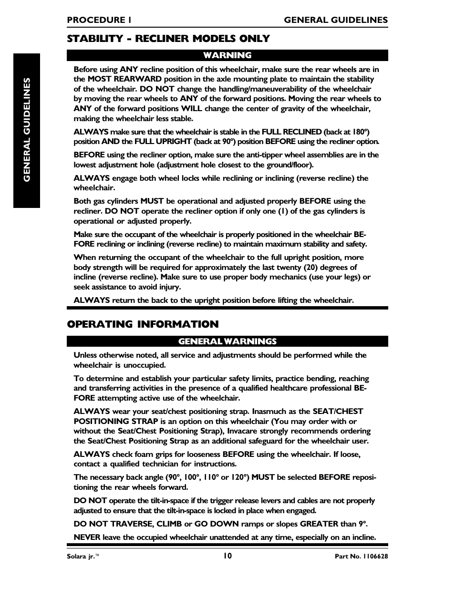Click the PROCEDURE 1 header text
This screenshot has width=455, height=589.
pos(99,20)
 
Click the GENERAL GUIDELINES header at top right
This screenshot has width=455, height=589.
pos(336,20)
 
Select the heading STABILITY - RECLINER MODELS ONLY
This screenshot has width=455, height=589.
pos(168,39)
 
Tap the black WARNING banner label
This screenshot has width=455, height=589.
pos(227,55)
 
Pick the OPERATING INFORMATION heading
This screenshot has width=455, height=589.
pos(143,324)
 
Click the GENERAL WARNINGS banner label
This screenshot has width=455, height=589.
pos(227,341)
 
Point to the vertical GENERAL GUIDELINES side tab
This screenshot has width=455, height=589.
pos(27,130)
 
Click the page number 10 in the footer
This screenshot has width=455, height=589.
pos(227,555)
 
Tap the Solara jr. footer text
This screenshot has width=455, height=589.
pos(83,556)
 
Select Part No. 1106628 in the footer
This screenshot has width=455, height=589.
pos(361,556)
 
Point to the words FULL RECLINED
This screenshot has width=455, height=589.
pos(291,132)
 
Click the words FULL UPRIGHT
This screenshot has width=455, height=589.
pos(163,142)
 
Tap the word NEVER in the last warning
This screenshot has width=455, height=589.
pos(87,537)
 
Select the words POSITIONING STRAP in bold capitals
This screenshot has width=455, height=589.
pos(115,421)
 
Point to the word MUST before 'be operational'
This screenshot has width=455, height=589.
pos(152,201)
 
